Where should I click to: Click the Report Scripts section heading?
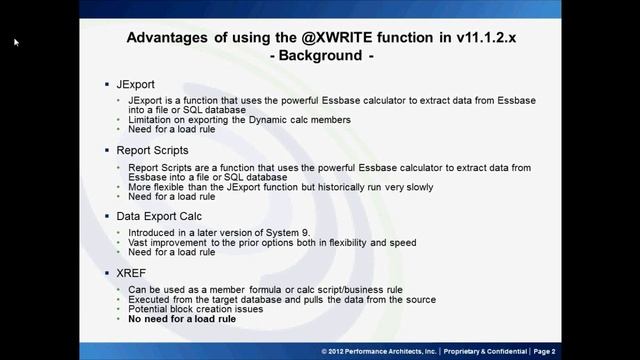(x=160, y=150)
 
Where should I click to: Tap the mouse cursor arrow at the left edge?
(x=16, y=42)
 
